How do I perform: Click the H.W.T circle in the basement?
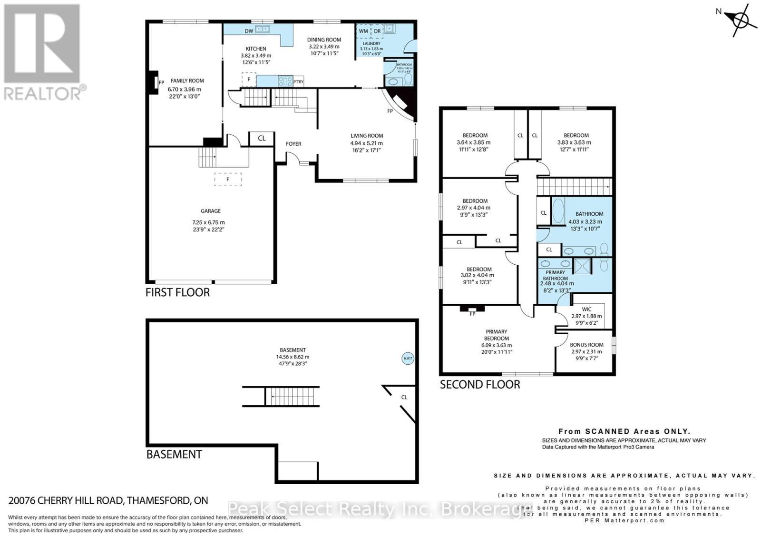coord(408,359)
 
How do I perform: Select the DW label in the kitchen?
coord(249,31)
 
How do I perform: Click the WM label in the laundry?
coord(363,31)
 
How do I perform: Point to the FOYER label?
coord(293,144)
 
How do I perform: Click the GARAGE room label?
coord(210,211)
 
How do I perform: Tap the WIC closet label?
coord(586,309)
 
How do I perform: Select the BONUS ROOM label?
coord(586,345)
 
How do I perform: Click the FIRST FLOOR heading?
coord(177,292)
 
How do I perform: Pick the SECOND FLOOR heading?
coord(479,384)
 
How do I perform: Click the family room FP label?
coord(161,82)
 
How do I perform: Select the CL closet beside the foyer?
coord(262,139)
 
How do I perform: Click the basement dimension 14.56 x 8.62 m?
coord(293,357)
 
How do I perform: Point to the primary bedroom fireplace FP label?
coord(472,314)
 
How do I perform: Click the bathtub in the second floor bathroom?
coord(558,211)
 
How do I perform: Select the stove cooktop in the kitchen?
coord(285,81)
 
